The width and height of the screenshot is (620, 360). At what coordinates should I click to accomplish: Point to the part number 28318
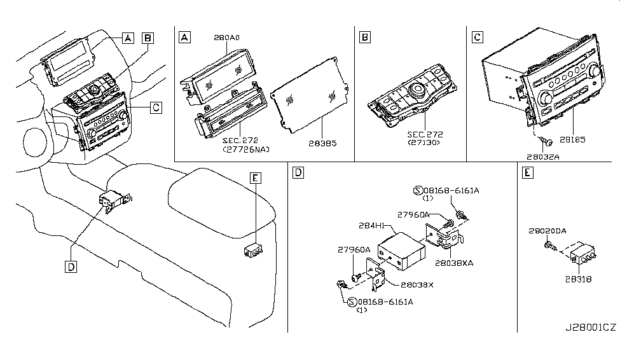pyautogui.click(x=575, y=277)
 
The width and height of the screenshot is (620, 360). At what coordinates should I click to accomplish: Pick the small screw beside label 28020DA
pyautogui.click(x=549, y=245)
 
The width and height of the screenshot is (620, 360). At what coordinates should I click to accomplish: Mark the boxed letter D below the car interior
pyautogui.click(x=70, y=267)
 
